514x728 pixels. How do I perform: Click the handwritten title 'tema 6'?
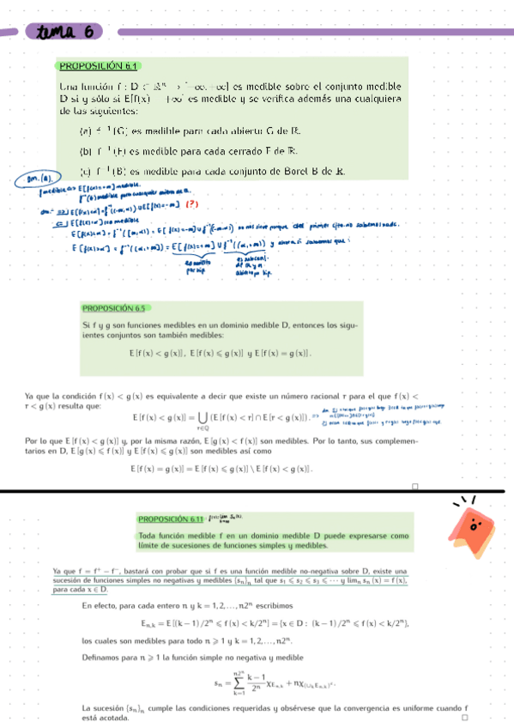pyautogui.click(x=63, y=32)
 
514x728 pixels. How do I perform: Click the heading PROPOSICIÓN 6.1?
pyautogui.click(x=98, y=66)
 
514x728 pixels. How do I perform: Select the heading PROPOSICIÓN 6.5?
pyautogui.click(x=116, y=307)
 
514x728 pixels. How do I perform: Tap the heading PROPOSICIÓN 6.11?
pyautogui.click(x=171, y=519)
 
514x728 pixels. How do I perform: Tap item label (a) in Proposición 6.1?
pyautogui.click(x=84, y=131)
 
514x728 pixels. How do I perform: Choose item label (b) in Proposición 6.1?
pyautogui.click(x=84, y=151)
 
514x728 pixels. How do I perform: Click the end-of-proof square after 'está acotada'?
pyautogui.click(x=464, y=717)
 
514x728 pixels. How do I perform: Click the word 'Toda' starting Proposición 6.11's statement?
pyautogui.click(x=147, y=536)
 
